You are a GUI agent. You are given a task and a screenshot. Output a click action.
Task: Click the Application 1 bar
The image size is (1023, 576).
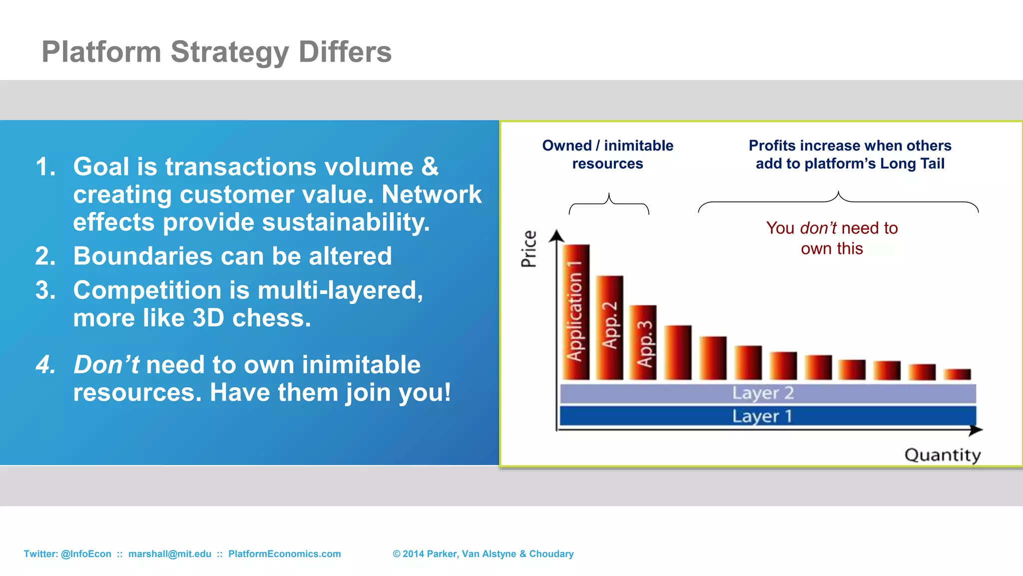pos(576,312)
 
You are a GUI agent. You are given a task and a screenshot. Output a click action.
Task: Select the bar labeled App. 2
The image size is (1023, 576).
pos(609,327)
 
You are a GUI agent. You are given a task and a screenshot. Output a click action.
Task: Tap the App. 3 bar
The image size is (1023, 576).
pos(643,342)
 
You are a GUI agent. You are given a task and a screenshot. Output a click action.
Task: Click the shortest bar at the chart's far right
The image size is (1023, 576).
pos(957,374)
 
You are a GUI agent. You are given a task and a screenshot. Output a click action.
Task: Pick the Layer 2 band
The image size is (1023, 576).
pos(767,393)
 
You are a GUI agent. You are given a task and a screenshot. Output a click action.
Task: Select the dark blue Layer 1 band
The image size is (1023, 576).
pos(767,416)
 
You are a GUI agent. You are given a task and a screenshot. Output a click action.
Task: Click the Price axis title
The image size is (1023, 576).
pos(528,248)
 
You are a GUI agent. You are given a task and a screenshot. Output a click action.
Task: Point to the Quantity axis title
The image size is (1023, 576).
pos(942,455)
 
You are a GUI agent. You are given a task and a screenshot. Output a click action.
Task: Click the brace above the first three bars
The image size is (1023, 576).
pos(608,203)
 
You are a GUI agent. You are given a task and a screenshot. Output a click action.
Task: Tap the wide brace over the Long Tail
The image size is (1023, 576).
pos(838,201)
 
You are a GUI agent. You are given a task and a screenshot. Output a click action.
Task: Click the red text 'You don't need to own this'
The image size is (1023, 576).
pos(832,238)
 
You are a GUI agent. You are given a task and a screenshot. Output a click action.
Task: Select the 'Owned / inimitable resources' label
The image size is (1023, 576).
pos(607,154)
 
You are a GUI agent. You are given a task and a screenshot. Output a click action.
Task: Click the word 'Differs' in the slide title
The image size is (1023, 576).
pos(345,52)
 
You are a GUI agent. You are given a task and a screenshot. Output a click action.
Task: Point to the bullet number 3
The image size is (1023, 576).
pos(45,290)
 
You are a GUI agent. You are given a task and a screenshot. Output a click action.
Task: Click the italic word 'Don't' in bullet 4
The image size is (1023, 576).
pos(106,364)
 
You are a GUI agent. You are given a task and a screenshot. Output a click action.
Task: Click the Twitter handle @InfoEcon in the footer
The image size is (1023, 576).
pos(86,554)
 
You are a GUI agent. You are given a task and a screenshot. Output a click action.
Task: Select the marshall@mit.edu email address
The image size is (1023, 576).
pos(170,554)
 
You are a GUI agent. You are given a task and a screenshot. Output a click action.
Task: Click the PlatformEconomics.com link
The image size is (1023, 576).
pos(284,554)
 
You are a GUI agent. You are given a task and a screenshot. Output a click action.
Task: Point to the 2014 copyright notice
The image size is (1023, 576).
pos(483,554)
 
